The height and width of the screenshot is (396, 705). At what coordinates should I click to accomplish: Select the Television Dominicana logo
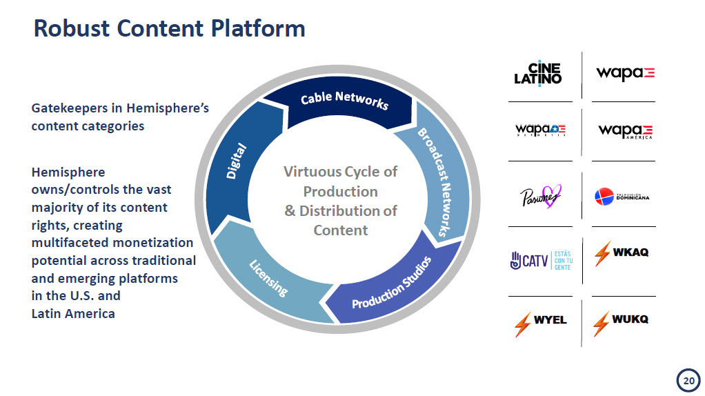click(x=622, y=197)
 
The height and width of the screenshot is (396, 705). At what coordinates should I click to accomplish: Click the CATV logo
click(x=540, y=260)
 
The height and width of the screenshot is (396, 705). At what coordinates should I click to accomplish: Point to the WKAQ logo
click(x=621, y=253)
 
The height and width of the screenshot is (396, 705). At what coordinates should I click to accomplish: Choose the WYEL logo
click(x=540, y=322)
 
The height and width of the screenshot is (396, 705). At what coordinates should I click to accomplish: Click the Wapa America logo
click(x=625, y=131)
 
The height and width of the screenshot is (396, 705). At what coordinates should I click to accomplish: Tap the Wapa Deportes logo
click(x=540, y=130)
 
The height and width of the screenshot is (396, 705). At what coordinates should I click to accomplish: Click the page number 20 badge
click(x=686, y=380)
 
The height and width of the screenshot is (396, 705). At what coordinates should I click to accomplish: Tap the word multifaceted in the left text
click(x=71, y=243)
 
